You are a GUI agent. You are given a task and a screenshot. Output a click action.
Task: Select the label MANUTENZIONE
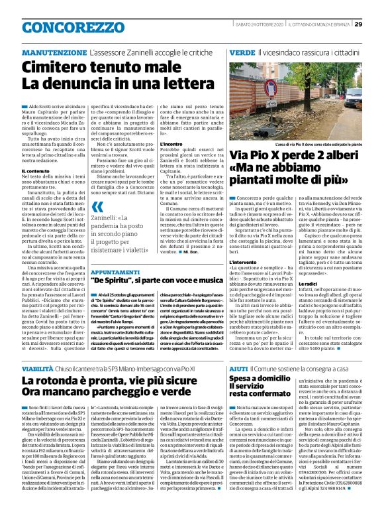[x=55, y=52]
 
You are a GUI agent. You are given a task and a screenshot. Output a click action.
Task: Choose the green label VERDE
[x=242, y=52]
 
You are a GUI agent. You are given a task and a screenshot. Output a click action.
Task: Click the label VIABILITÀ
[x=37, y=367]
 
